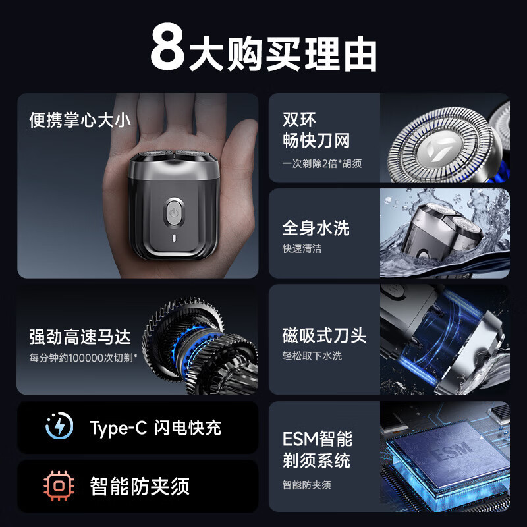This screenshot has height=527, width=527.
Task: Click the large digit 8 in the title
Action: pos(167,47)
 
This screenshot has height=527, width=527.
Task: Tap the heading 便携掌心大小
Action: pos(80,121)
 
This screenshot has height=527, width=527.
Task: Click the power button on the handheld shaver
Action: pos(173,212)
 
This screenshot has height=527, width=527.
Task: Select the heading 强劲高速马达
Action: pos(80,337)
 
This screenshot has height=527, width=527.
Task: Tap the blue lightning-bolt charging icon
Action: pos(59,428)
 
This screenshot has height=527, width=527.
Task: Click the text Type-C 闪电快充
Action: pos(155,428)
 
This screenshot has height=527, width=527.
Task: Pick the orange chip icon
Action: pos(59,486)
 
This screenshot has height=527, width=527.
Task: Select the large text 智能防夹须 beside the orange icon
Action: pos(140,486)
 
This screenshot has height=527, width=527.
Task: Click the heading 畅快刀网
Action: pos(316,140)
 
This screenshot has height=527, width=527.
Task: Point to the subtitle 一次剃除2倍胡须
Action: pos(322,163)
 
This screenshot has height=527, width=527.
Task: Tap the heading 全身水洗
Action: pos(316,228)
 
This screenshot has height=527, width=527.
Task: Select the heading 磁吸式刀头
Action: pos(324,335)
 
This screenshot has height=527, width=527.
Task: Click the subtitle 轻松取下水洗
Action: pos(312,356)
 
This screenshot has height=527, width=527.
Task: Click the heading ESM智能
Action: pos(317,439)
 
